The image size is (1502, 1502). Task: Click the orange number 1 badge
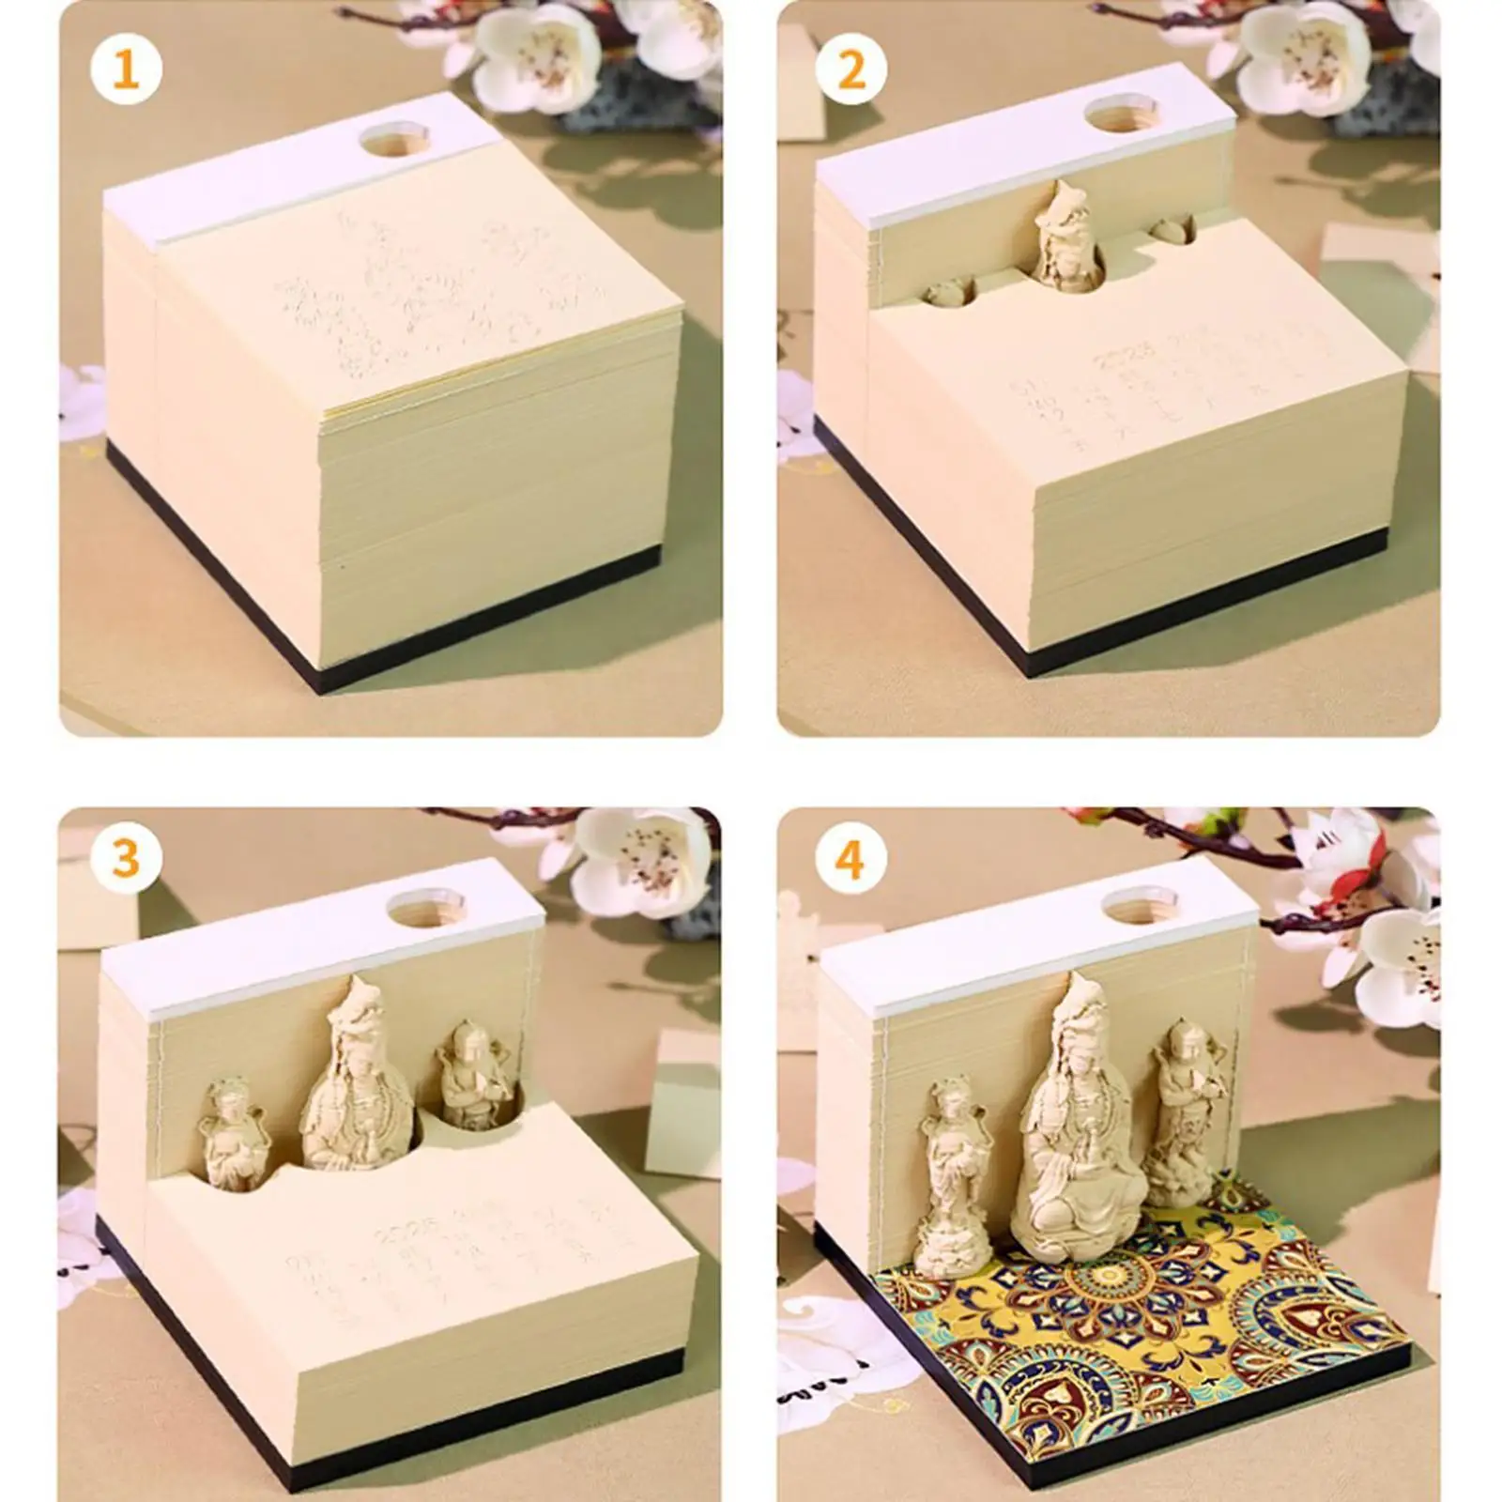point(126,70)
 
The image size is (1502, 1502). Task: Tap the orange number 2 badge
point(851,70)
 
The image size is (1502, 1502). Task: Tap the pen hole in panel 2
point(1114,117)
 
